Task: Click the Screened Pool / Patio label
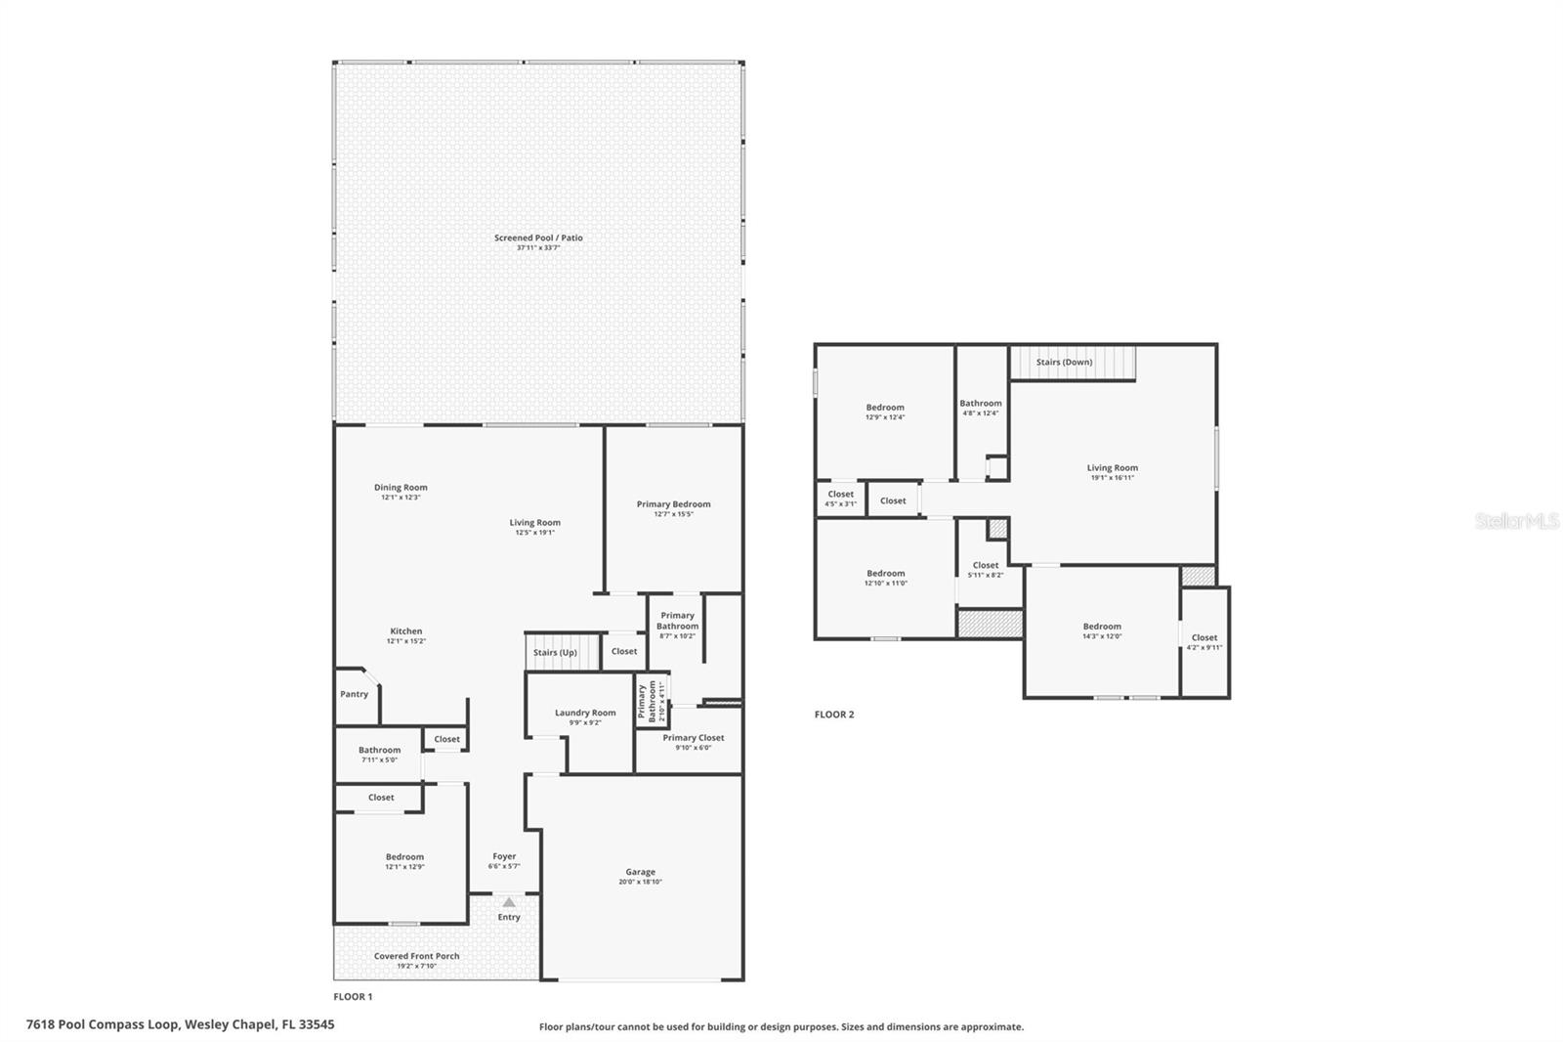pos(538,238)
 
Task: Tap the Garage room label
pos(641,872)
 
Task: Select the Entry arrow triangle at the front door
pos(509,902)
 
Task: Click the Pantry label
pos(355,694)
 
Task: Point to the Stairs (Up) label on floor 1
pos(555,652)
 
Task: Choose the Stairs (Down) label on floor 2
pos(1064,362)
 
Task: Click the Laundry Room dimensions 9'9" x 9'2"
pos(585,722)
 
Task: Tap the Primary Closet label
pos(694,738)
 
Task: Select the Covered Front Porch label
pos(416,956)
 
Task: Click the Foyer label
pos(504,856)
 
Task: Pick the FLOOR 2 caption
pos(834,715)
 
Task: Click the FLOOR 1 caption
pos(354,997)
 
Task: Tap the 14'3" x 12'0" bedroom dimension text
pos(1102,636)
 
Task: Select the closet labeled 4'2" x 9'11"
pos(1204,641)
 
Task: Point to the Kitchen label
pos(406,631)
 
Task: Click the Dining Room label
pos(401,488)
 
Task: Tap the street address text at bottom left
pos(181,1024)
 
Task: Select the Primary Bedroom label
pos(674,504)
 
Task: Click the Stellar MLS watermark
pos(1516,521)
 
